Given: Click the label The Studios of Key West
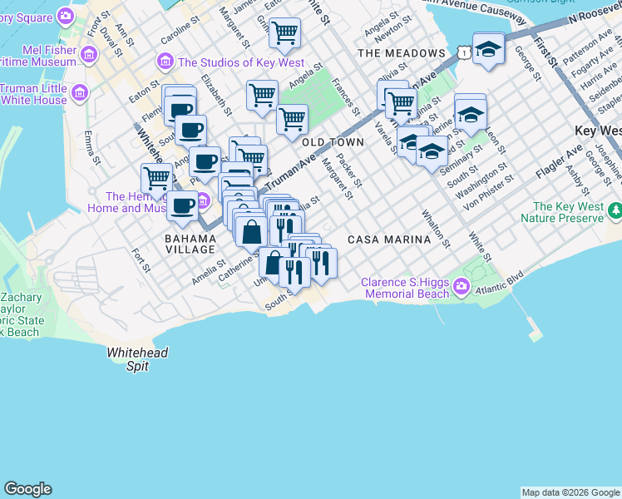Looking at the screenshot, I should pos(240,63).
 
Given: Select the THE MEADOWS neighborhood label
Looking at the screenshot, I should pos(402,53).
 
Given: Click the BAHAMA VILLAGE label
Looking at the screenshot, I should pos(190,245).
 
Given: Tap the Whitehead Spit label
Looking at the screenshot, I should pos(137,359).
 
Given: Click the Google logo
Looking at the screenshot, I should pos(27,489).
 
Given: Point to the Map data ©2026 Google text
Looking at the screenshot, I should pos(570,492).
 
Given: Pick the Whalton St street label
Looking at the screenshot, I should pos(437,231).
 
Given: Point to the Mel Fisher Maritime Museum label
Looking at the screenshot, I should pos(38,55).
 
